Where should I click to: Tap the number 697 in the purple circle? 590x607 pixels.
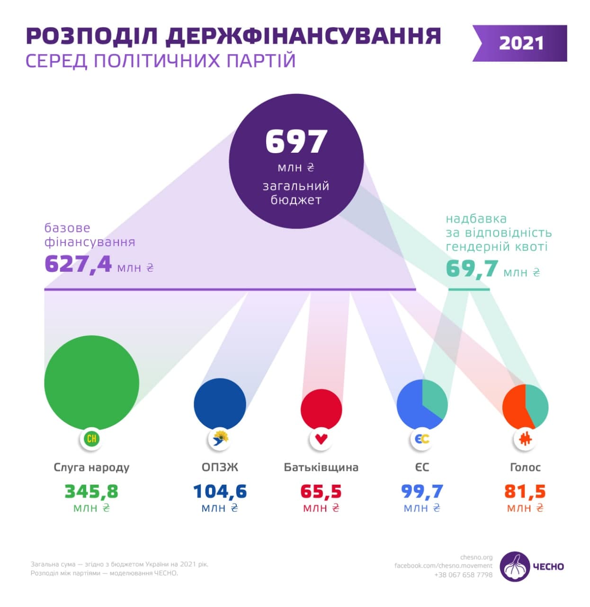pos(296,141)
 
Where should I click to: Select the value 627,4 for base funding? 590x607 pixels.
pos(78,264)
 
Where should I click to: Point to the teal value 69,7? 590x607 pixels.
pos(472,269)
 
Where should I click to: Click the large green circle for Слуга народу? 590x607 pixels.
pos(91,382)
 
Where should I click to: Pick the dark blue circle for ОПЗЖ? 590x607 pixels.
pos(220,404)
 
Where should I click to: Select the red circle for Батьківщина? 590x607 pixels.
pos(321,409)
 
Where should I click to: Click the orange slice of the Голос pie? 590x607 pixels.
pos(513,408)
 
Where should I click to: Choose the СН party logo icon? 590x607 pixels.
pos(91,439)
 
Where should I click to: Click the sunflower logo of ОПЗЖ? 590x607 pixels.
pos(220,439)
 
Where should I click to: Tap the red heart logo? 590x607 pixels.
pos(321,439)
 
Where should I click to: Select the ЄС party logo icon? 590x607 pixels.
pos(422,439)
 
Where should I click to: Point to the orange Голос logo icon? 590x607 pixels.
pos(525,439)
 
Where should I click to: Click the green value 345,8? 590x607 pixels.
pos(91,491)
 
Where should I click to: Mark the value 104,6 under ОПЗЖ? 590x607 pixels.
pos(220,491)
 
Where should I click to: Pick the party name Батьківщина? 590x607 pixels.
pos(321,467)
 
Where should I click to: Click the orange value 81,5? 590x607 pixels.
pos(525,491)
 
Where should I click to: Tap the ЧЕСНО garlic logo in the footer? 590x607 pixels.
pos(515,566)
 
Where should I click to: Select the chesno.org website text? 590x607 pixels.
pos(476,557)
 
